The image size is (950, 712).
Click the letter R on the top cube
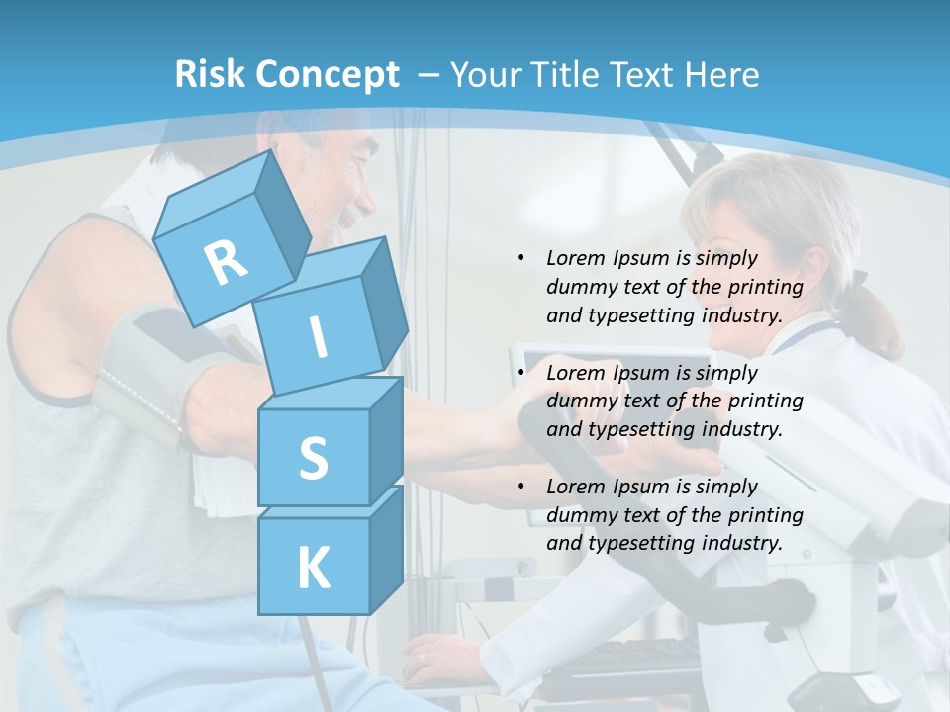pos(226,263)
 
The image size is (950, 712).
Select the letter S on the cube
pos(313,458)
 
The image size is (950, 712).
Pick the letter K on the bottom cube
pos(313,569)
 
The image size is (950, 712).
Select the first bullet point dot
pos(522,259)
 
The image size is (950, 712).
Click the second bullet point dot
pos(522,373)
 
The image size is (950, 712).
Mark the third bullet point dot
pos(522,487)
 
